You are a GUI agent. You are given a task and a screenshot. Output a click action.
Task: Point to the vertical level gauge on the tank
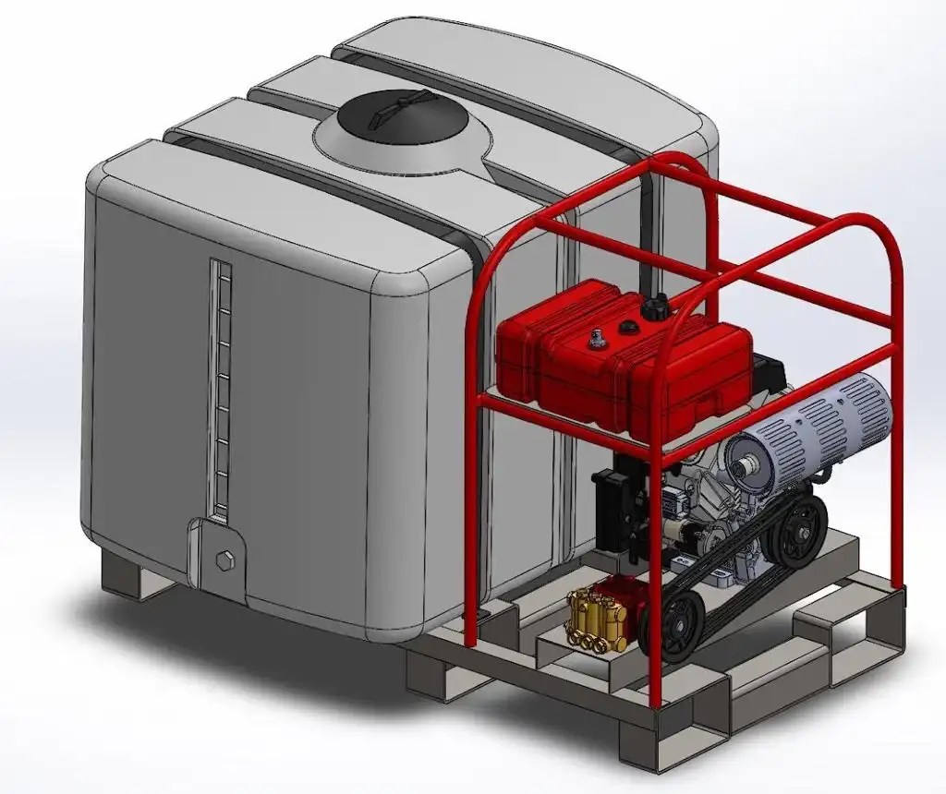click(219, 388)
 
